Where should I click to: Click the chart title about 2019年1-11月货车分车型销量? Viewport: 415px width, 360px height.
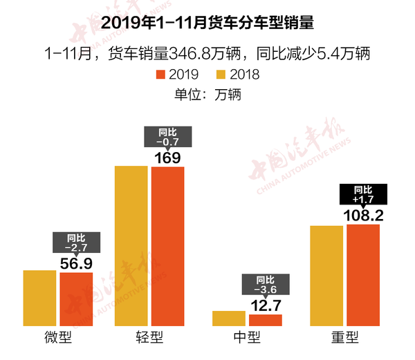click(207, 23)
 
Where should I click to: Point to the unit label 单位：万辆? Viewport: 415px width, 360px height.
click(207, 94)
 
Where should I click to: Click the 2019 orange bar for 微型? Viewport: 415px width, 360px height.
click(76, 299)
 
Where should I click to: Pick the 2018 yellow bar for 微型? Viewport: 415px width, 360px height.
click(39, 298)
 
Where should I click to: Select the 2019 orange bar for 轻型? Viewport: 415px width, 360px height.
click(168, 246)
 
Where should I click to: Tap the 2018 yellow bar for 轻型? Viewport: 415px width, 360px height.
click(131, 245)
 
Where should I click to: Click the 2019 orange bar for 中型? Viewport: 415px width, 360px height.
click(266, 320)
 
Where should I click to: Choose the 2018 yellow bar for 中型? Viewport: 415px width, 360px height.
click(229, 318)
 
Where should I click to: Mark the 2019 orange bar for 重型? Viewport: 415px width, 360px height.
click(363, 275)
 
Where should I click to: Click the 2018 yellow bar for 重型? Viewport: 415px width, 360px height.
click(326, 276)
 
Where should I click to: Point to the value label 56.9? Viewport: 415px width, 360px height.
click(76, 263)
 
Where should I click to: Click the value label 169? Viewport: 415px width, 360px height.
click(168, 158)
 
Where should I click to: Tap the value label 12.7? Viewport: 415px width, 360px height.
click(266, 305)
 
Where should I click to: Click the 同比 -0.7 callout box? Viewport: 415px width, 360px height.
click(168, 137)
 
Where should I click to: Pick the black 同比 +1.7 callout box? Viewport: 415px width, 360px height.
click(363, 193)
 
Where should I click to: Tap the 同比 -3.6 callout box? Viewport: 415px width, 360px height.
click(266, 283)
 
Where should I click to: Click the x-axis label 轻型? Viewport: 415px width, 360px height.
click(149, 338)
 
